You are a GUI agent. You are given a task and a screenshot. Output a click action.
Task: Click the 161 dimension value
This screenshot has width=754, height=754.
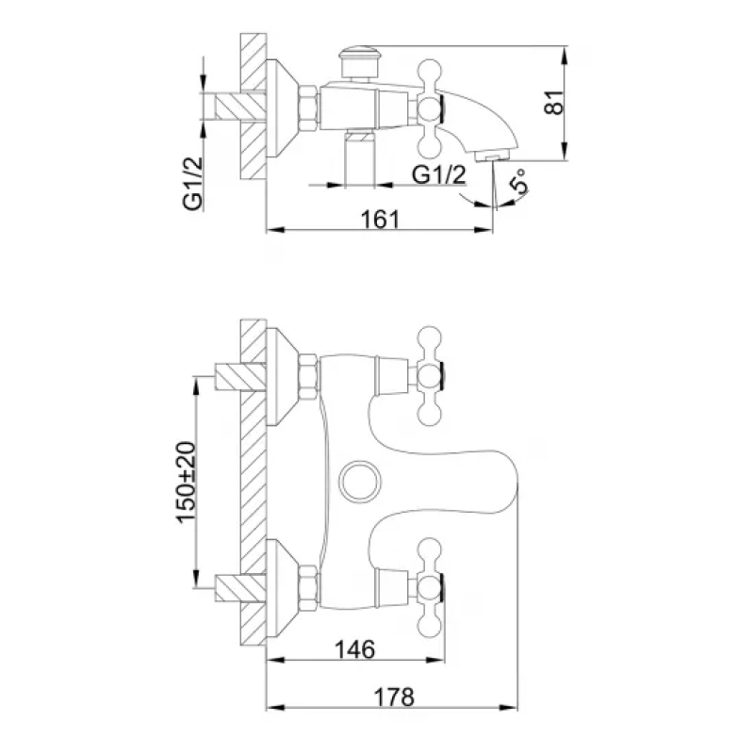380,219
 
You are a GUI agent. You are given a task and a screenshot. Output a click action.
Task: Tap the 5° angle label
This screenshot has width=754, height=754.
519,184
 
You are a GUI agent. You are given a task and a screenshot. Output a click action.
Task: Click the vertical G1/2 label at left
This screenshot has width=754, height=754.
194,185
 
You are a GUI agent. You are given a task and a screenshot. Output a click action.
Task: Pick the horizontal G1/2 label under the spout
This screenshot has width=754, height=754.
439,175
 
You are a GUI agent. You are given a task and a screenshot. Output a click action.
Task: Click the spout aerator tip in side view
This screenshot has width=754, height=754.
493,154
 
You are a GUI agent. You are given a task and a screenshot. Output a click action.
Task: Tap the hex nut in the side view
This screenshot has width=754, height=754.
309,106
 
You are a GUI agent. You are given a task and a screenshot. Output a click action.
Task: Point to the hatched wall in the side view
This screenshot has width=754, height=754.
254,106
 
